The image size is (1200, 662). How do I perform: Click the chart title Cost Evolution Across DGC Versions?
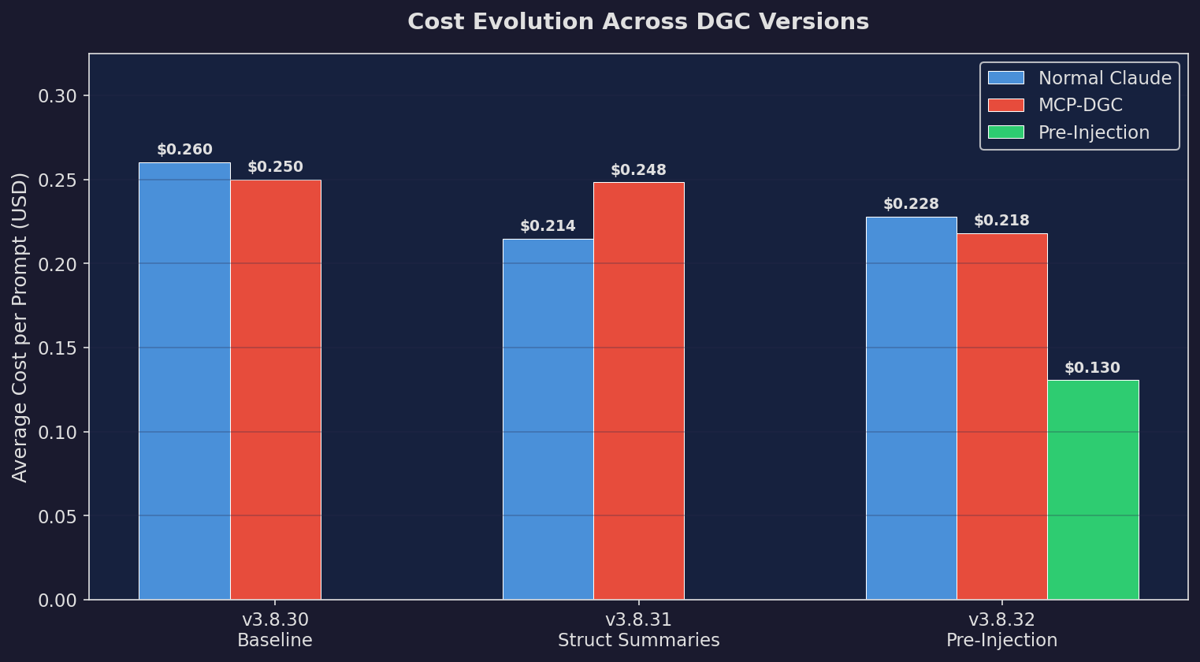tap(637, 22)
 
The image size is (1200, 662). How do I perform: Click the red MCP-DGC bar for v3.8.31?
tap(639, 391)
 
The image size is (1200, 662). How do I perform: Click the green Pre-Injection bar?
tap(1093, 489)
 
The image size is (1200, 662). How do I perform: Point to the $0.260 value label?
tap(184, 150)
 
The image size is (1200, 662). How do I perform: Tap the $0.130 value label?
tap(1092, 368)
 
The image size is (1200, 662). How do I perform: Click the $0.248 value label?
tap(638, 170)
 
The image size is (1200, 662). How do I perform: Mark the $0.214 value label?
tap(548, 226)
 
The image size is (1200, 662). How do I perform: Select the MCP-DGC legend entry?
tap(1079, 105)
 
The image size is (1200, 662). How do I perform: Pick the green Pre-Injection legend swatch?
tap(1005, 132)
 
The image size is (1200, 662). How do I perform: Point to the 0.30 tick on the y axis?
tap(58, 96)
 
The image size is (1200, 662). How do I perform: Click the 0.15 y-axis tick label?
tap(58, 348)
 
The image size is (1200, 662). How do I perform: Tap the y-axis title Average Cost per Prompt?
tap(20, 327)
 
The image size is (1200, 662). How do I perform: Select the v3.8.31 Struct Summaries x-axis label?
tap(638, 630)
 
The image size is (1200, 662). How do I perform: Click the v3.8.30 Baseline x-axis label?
tap(275, 630)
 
